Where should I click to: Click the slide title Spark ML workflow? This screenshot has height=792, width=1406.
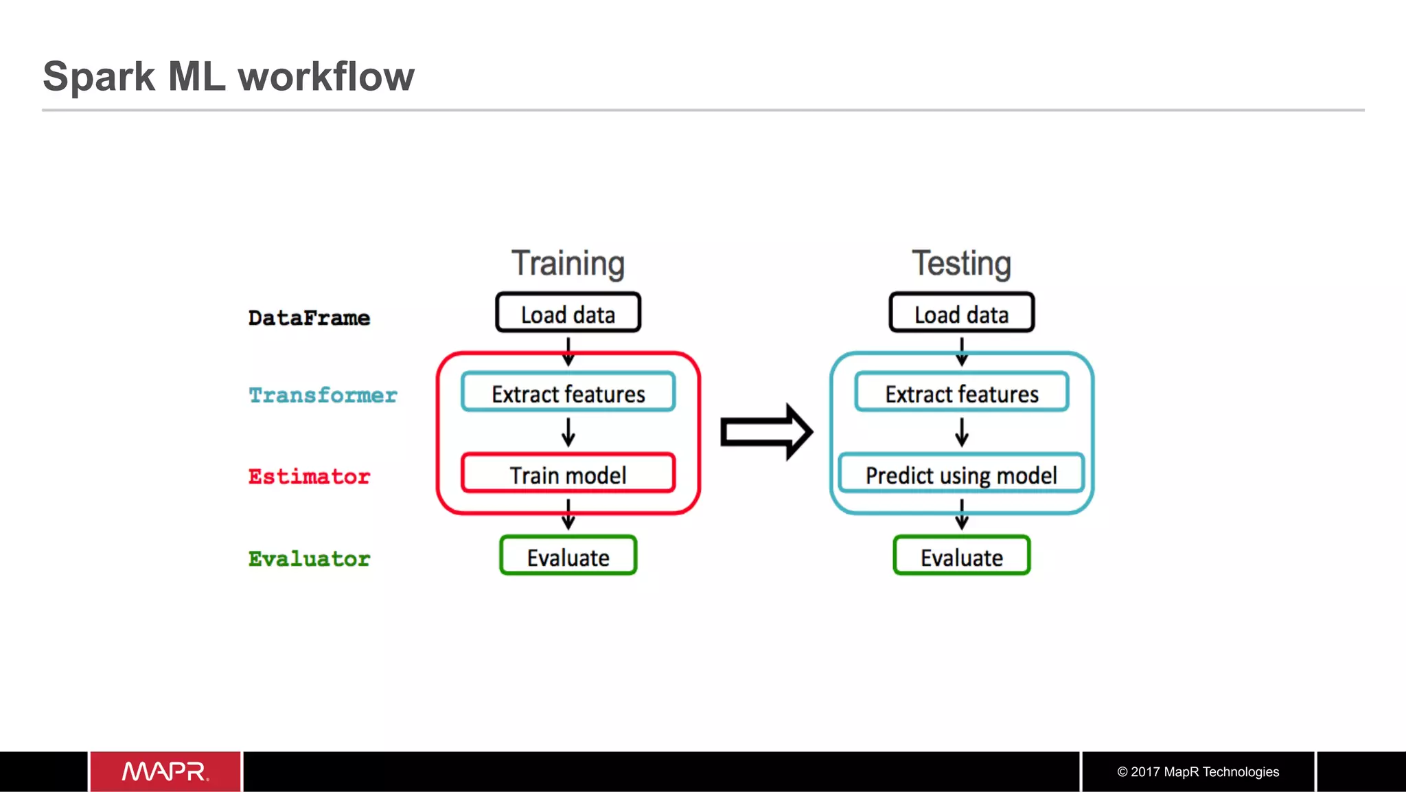click(229, 76)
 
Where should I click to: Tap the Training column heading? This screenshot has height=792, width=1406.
click(568, 264)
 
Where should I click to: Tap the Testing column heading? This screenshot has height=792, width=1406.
click(961, 264)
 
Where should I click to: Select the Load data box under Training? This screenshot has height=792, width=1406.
click(568, 314)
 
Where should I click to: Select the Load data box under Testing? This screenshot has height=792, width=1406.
click(961, 314)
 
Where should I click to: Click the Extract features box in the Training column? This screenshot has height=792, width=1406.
click(568, 393)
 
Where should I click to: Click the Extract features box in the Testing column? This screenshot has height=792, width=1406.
click(961, 393)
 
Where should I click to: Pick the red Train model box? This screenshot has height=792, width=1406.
click(568, 474)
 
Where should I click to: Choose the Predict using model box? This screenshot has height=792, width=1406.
click(961, 474)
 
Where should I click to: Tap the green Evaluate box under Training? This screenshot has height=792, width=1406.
click(568, 556)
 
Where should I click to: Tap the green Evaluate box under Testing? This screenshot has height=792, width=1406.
click(961, 556)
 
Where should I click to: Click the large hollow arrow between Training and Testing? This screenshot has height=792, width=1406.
click(766, 432)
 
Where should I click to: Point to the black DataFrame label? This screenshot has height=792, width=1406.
click(309, 318)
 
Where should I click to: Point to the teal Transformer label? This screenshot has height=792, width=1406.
click(323, 395)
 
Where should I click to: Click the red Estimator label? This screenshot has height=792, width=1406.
click(309, 476)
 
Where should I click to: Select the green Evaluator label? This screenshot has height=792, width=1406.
click(309, 558)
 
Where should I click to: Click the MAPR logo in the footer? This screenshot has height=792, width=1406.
click(165, 771)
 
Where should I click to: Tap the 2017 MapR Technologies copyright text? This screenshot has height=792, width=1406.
click(1198, 771)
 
